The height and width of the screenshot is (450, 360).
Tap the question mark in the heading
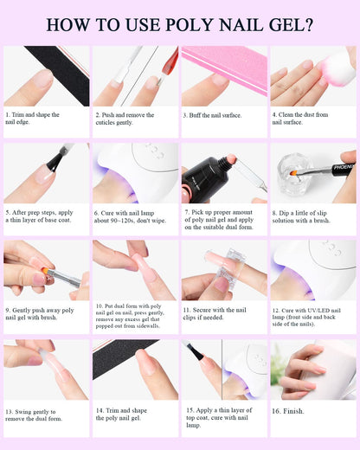pyautogui.click(x=308, y=25)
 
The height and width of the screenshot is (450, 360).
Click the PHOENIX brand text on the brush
pyautogui.click(x=344, y=167)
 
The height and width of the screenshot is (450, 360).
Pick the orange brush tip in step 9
pyautogui.click(x=45, y=271)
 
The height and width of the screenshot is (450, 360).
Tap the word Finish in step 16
pyautogui.click(x=292, y=411)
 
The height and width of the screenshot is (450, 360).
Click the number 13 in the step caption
pyautogui.click(x=10, y=412)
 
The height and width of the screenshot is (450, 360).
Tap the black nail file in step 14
pyautogui.click(x=123, y=357)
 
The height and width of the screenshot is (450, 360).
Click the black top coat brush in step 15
pyautogui.click(x=198, y=352)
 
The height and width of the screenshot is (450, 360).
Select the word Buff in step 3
pyautogui.click(x=195, y=115)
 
